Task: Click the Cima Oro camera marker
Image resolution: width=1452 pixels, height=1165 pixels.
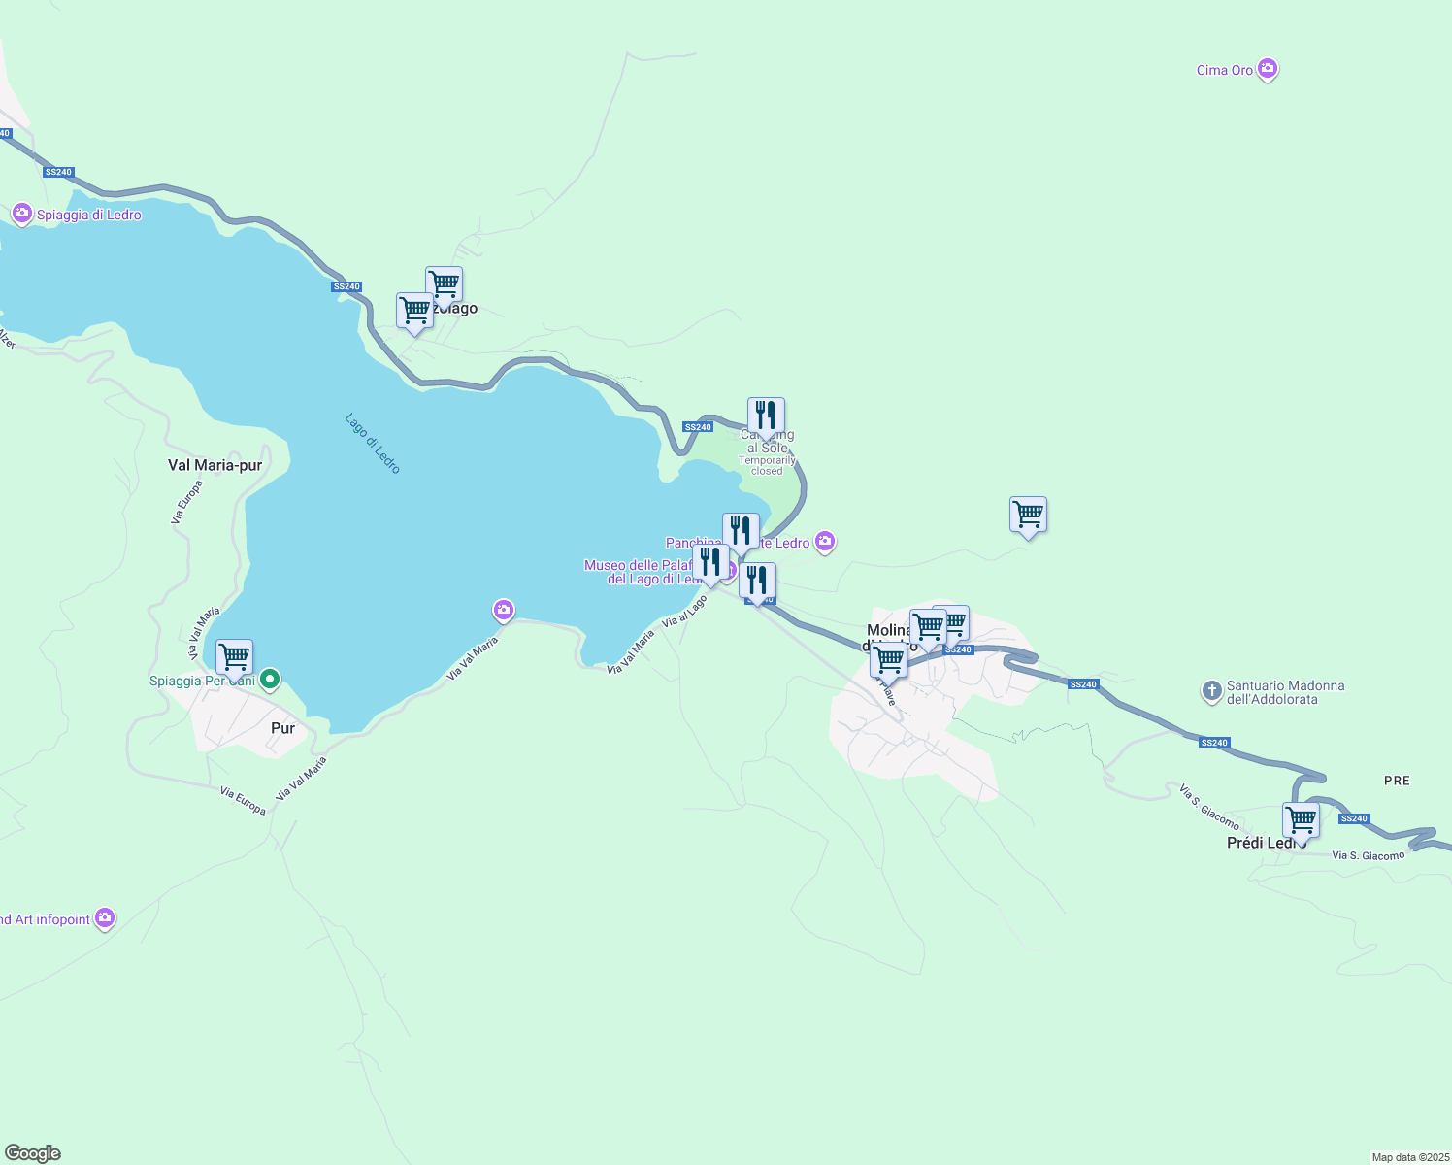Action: (x=1267, y=69)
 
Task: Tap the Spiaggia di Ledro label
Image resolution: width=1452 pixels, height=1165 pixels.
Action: (x=89, y=215)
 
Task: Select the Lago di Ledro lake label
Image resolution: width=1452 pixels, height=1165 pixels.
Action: (x=373, y=444)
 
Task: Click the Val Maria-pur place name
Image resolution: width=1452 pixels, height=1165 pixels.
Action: (x=214, y=465)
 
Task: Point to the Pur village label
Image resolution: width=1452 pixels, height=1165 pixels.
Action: (x=282, y=728)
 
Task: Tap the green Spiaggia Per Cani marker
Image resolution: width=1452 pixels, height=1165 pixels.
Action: (x=271, y=680)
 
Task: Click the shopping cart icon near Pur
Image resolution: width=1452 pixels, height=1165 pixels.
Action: (x=234, y=657)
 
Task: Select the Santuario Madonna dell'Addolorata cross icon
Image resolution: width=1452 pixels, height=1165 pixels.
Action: (x=1211, y=691)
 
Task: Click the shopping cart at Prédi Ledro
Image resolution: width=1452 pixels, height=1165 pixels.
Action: (x=1301, y=820)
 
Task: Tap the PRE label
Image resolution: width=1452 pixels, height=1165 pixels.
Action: (x=1397, y=781)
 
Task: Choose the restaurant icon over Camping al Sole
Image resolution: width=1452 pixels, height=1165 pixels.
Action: (x=766, y=416)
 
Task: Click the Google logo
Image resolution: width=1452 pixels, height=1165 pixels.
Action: (x=33, y=1153)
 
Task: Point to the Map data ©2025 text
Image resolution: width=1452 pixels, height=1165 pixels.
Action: (x=1409, y=1157)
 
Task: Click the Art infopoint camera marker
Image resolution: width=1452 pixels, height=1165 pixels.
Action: (x=105, y=917)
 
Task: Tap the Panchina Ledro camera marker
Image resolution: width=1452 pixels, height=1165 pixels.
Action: (x=825, y=542)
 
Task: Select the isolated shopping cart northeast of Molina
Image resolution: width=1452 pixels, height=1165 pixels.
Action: (x=1028, y=515)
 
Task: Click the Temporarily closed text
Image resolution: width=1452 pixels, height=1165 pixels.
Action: (x=767, y=466)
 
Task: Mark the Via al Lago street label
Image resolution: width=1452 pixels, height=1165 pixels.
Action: (x=684, y=612)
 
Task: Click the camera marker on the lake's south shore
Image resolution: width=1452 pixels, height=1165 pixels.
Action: (x=503, y=610)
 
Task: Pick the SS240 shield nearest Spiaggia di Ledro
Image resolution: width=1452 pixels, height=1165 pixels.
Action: (x=58, y=172)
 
